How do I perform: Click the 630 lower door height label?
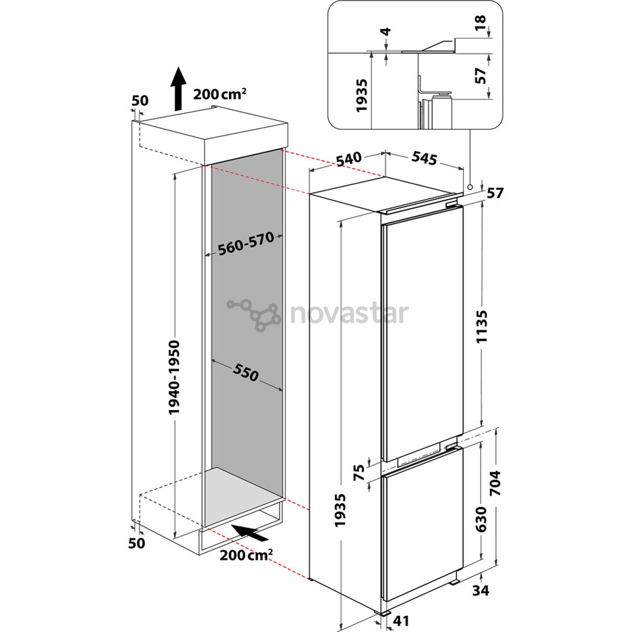coord(482,520)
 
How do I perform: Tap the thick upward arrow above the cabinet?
coord(179,88)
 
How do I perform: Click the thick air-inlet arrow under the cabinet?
coord(250,533)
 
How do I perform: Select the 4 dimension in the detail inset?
coord(386,32)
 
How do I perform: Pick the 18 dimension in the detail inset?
coord(481,19)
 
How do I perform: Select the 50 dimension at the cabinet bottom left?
coord(136,543)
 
